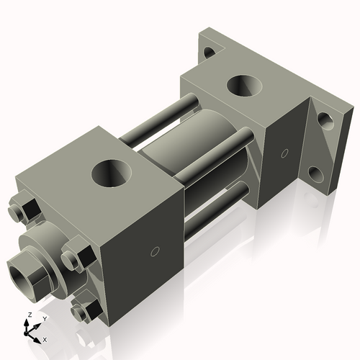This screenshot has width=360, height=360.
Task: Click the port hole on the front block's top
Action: click(x=114, y=172)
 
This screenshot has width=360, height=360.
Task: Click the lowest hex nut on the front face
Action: click(x=86, y=310)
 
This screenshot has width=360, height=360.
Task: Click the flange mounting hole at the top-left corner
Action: click(x=210, y=52)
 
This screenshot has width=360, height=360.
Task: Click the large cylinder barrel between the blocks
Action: click(x=194, y=155)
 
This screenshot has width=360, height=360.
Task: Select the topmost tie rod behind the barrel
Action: click(x=162, y=119)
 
